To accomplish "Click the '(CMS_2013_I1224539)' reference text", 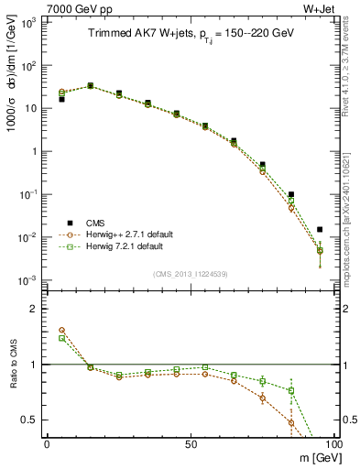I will pyautogui.click(x=191, y=274).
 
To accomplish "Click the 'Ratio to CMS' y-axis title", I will pyautogui.click(x=10, y=364).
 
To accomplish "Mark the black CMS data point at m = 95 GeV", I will pyautogui.click(x=320, y=230).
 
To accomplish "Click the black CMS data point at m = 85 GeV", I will pyautogui.click(x=291, y=194).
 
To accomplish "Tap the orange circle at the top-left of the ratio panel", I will pyautogui.click(x=61, y=330).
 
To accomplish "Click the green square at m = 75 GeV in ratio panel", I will pyautogui.click(x=263, y=381).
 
